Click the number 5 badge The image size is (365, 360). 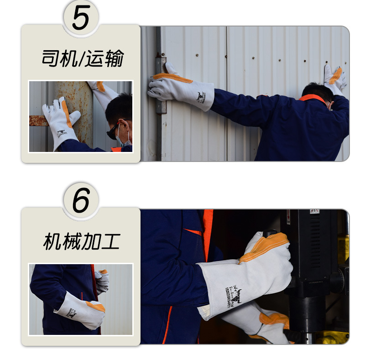(81, 17)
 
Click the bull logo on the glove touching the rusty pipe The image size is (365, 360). (61, 134)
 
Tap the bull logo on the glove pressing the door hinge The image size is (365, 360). (201, 97)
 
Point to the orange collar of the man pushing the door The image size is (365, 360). (313, 98)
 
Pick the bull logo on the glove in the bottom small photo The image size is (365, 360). (71, 313)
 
